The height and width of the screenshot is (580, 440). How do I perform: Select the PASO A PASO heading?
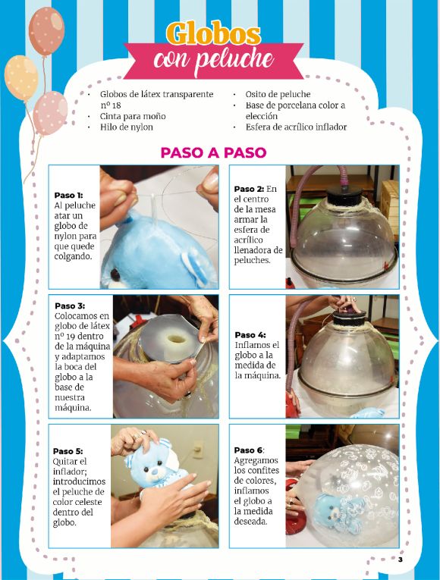(x=213, y=152)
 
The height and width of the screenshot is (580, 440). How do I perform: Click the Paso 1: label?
(x=68, y=195)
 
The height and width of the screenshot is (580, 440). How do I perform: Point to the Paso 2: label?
(x=249, y=189)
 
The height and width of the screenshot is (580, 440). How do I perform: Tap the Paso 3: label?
(x=70, y=305)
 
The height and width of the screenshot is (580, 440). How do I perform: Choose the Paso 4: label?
(x=250, y=335)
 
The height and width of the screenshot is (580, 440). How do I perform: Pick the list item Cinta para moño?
(x=133, y=116)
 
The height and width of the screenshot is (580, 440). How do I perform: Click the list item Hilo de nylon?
(x=127, y=127)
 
